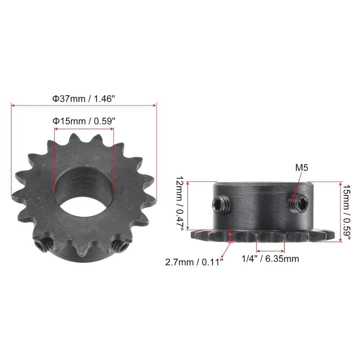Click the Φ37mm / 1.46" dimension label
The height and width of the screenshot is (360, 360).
pyautogui.click(x=84, y=99)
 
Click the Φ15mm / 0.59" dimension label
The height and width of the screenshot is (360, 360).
pyautogui.click(x=84, y=121)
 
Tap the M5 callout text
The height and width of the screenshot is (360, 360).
pyautogui.click(x=301, y=168)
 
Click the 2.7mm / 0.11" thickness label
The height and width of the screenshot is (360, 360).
pyautogui.click(x=194, y=262)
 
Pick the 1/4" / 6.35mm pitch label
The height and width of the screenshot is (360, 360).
pyautogui.click(x=270, y=259)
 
